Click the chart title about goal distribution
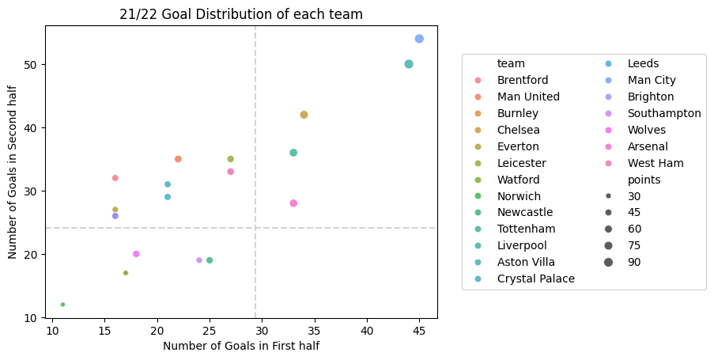click(x=240, y=13)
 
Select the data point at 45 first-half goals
click(x=419, y=39)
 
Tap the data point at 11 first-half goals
click(x=62, y=305)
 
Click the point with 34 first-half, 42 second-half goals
click(x=304, y=115)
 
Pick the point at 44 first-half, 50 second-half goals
click(x=409, y=64)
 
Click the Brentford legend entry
click(x=523, y=80)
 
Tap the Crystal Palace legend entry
click(x=535, y=279)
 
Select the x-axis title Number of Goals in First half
click(x=241, y=346)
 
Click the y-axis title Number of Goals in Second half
click(x=13, y=172)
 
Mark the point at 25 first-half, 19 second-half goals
click(x=210, y=260)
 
